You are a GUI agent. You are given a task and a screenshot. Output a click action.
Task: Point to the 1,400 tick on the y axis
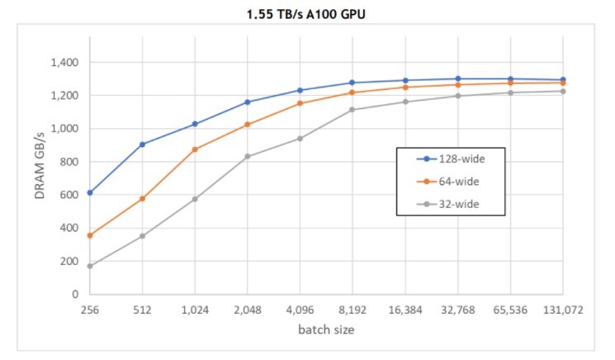coord(62,63)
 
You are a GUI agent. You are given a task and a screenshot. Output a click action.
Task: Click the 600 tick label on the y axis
coord(67,195)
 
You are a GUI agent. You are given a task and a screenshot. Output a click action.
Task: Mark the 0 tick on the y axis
coord(74,294)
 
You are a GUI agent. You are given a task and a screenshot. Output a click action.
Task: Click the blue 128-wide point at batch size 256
coord(89,192)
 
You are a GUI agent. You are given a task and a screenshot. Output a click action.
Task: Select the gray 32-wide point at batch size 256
coord(89,266)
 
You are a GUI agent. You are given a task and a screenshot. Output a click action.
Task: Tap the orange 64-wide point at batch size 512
coord(142,198)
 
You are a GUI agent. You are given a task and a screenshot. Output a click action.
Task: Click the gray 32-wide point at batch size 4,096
coord(300,138)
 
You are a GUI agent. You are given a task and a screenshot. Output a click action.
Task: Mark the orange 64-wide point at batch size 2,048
coord(247,125)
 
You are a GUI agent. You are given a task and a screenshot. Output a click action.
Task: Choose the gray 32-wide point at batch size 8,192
coord(352,110)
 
